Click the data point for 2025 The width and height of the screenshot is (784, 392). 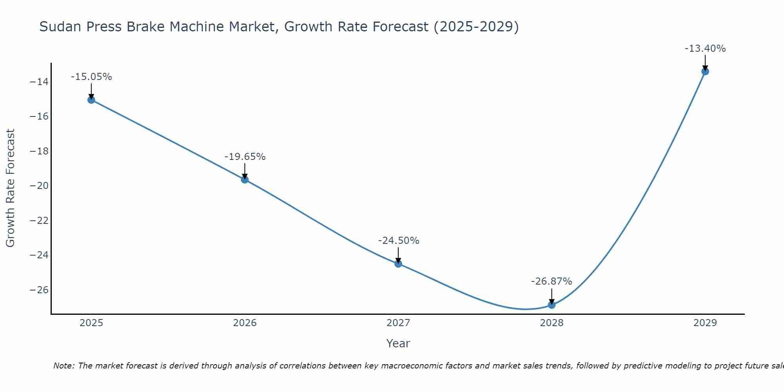[91, 100]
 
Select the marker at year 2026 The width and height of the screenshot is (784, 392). [245, 180]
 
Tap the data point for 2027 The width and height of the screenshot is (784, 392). [398, 264]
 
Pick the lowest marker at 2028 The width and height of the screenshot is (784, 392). [552, 305]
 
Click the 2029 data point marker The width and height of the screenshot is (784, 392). [705, 71]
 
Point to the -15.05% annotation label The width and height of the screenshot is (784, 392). [91, 77]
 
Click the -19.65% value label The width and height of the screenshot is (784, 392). [245, 157]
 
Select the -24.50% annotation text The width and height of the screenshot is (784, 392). [398, 241]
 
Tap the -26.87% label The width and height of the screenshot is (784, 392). [552, 281]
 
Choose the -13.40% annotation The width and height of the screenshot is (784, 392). [705, 49]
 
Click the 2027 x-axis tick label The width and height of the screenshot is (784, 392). [398, 323]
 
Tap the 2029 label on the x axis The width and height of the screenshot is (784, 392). [705, 323]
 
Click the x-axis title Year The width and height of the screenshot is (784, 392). [398, 343]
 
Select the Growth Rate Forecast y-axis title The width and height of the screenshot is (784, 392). [11, 188]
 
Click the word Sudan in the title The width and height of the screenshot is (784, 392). [60, 27]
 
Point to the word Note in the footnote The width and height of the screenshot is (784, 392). [63, 366]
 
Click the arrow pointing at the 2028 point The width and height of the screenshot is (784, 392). [552, 296]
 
